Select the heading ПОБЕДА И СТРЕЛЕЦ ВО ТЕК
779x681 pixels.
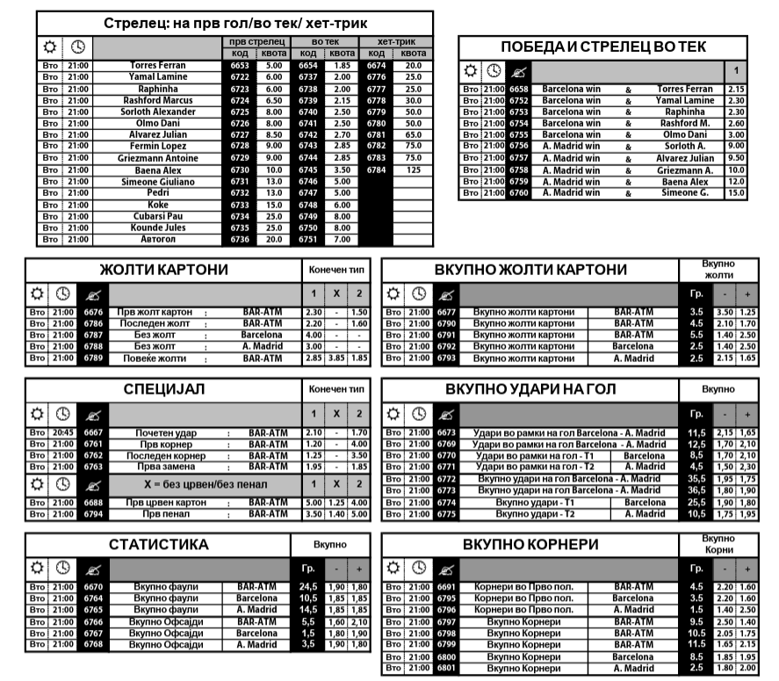click(602, 47)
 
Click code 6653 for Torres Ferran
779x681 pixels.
click(240, 66)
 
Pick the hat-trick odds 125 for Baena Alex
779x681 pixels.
click(414, 170)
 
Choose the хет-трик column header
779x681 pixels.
click(396, 42)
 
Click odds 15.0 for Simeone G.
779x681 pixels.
click(736, 192)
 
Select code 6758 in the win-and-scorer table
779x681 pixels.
click(519, 170)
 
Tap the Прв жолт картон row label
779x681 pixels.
click(155, 312)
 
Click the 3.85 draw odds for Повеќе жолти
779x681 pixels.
click(335, 358)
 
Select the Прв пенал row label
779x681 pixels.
click(155, 513)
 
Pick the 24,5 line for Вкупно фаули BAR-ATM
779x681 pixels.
click(308, 586)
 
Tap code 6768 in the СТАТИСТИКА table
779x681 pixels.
click(92, 644)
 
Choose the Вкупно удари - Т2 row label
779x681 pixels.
click(534, 513)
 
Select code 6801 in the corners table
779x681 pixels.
click(446, 668)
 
